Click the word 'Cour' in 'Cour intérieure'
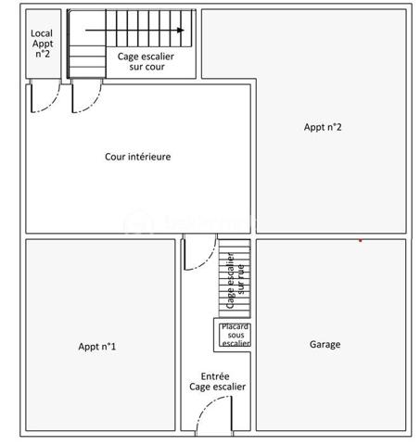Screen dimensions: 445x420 (116, 157)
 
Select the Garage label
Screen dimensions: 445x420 (324, 345)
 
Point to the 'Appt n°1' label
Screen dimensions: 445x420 (97, 347)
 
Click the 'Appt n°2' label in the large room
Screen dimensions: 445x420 (323, 127)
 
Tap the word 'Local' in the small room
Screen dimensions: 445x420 (42, 32)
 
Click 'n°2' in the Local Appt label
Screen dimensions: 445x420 (42, 54)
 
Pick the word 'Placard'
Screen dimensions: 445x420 (235, 326)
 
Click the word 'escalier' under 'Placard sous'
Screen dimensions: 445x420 (235, 344)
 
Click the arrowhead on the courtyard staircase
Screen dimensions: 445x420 (180, 30)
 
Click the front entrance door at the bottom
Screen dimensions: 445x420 (215, 415)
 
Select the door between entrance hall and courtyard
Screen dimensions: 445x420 (197, 252)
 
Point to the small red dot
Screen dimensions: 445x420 (360, 240)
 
